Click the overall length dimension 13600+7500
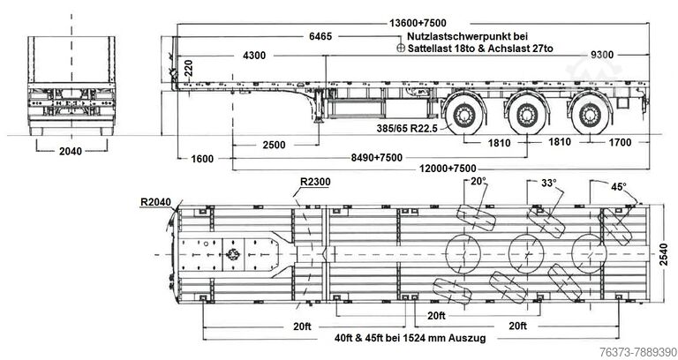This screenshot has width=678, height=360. pyautogui.click(x=418, y=23)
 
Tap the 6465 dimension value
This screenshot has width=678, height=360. pyautogui.click(x=320, y=36)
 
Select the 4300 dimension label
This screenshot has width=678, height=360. pyautogui.click(x=254, y=56)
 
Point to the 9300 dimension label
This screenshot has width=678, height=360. pyautogui.click(x=602, y=55)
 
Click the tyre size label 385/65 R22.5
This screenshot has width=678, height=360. pyautogui.click(x=406, y=128)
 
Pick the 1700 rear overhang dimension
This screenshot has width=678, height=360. pyautogui.click(x=620, y=142)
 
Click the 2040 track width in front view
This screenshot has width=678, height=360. pyautogui.click(x=71, y=151)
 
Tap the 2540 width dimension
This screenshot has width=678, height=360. pyautogui.click(x=664, y=254)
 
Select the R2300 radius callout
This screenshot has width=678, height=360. pyautogui.click(x=315, y=182)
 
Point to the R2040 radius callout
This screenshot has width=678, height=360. pyautogui.click(x=155, y=202)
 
